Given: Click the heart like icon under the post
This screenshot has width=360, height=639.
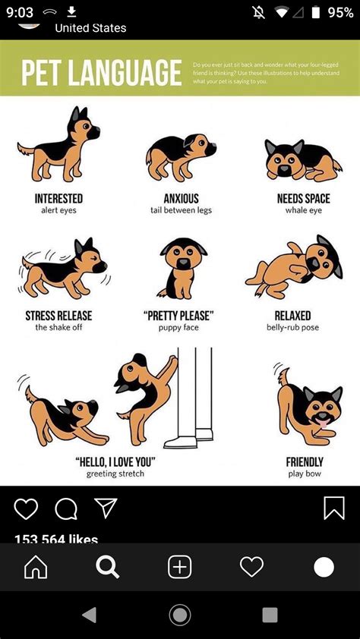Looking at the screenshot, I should [26, 508].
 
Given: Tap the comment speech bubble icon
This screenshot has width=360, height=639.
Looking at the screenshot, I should [66, 508].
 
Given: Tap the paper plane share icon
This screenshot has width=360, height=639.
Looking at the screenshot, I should [106, 508].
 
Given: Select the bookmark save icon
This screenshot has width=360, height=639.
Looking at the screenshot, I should [334, 508].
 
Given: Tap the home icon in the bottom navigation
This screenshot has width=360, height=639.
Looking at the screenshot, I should [36, 567].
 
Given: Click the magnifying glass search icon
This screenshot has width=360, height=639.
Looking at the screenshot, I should [107, 567].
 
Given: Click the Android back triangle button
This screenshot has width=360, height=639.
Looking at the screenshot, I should [90, 615].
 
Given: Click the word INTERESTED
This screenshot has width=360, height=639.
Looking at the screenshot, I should [58, 199].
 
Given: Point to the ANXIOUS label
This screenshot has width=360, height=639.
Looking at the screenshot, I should [181, 199].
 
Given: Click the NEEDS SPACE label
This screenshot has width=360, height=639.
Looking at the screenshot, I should [303, 199].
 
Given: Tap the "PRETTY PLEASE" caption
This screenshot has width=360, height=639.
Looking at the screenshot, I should [179, 316].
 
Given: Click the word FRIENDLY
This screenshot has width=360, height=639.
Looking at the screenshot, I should [305, 461].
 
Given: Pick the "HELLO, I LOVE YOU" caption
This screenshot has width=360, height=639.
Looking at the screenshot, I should [115, 461].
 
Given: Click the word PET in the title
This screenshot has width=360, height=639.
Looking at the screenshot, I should [43, 73].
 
